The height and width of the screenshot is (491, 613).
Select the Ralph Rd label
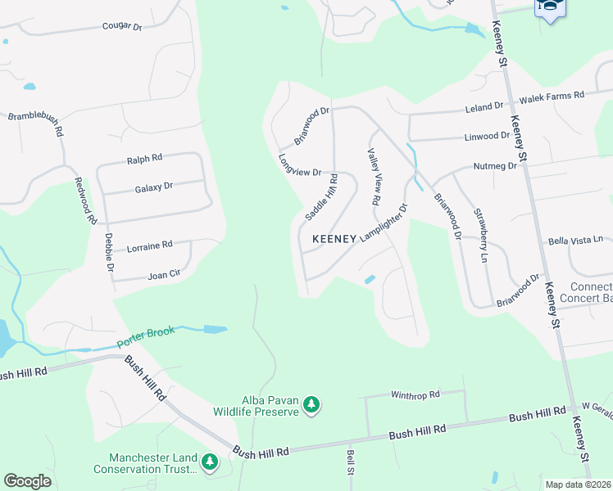coord(144,160)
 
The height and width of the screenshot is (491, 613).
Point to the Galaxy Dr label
coord(153,187)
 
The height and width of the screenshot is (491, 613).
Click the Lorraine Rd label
coord(149,245)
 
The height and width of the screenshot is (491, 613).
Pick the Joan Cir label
coord(163,275)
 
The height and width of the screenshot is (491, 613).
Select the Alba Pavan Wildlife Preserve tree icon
coord(311,404)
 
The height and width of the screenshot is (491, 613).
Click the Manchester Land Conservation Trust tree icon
coord(211,462)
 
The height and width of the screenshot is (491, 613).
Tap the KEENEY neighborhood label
coord(334,239)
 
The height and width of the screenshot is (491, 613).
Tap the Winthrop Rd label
coord(415,394)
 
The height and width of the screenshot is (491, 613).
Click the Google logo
coord(27,481)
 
